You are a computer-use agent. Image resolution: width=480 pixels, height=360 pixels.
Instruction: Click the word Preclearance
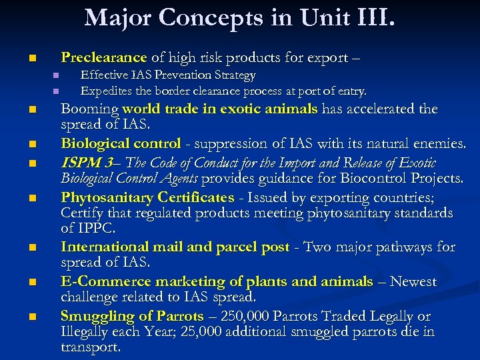point(103,57)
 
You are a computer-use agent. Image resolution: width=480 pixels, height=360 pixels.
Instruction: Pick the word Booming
point(89,109)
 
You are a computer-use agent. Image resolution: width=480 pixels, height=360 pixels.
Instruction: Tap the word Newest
point(413,281)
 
